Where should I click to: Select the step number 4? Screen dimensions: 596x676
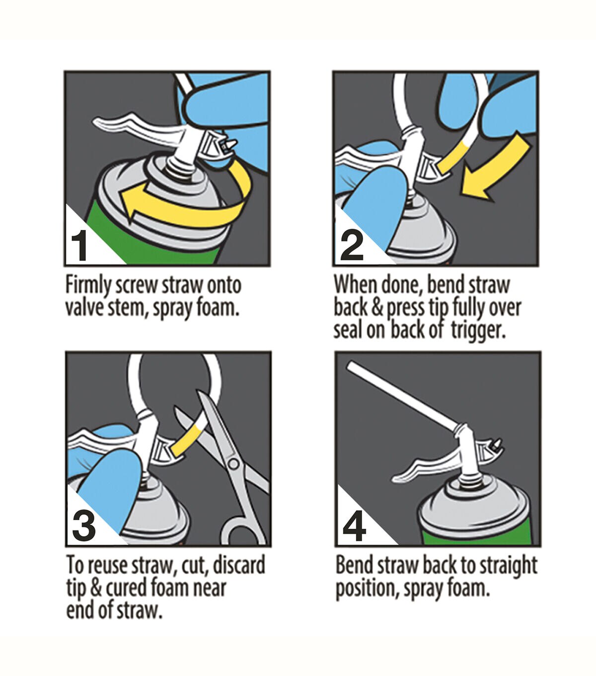point(355,527)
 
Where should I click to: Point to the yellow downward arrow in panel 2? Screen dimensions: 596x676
point(494,170)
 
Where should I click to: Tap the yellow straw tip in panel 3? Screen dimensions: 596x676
point(188,440)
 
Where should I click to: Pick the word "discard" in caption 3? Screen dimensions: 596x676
point(239,565)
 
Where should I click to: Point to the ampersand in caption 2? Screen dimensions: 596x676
point(377,308)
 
